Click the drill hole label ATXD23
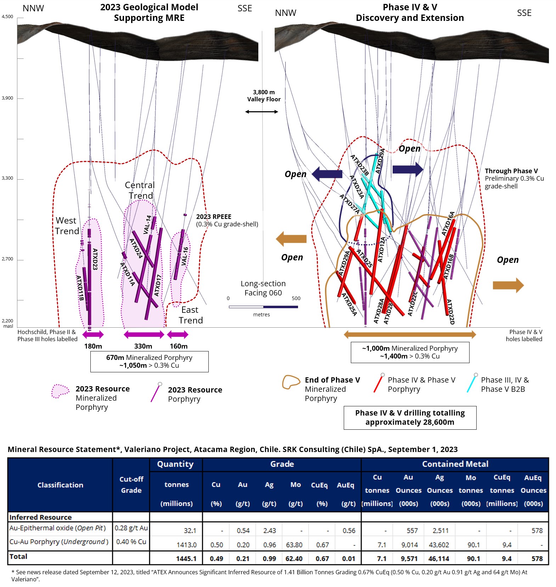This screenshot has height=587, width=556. [95, 259]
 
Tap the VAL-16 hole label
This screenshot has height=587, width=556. [185, 256]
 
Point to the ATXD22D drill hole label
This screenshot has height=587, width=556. [450, 312]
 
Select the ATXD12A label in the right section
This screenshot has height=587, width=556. [381, 250]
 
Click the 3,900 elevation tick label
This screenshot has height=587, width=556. [7, 98]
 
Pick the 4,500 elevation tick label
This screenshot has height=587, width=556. [7, 17]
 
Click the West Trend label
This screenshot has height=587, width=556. [67, 226]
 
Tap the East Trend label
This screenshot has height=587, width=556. [191, 315]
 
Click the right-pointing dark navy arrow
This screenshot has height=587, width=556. [408, 169]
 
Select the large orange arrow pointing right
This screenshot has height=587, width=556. [508, 285]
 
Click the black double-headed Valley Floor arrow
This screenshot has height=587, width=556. [262, 112]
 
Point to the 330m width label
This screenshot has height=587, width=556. [143, 346]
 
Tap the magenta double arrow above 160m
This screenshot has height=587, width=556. [178, 334]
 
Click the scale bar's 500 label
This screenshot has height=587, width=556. [296, 298]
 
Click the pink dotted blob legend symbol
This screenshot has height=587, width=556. [60, 391]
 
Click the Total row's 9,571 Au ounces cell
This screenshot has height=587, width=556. [409, 559]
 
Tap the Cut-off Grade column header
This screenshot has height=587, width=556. [131, 485]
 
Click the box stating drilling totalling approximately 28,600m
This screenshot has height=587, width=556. [410, 418]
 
